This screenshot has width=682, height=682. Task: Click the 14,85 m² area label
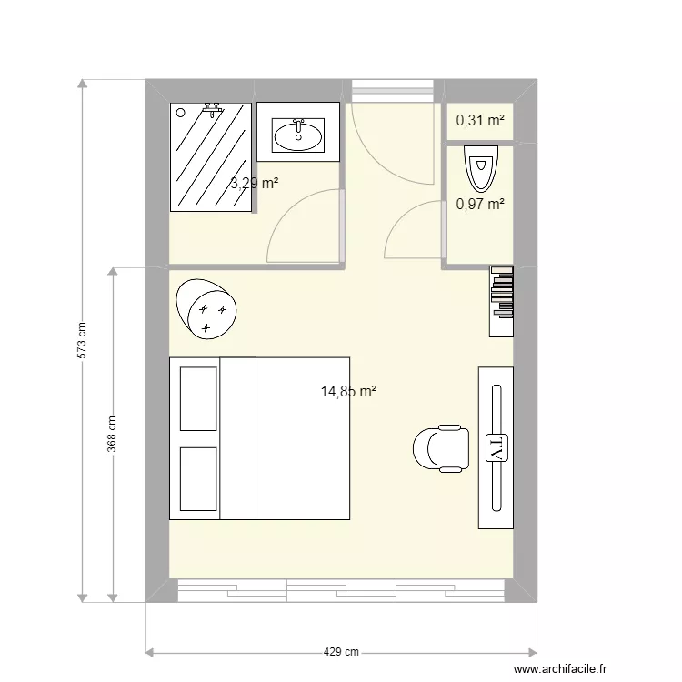tap(348, 392)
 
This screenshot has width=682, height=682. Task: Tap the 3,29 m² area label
tap(254, 183)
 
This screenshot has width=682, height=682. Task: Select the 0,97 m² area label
tap(480, 205)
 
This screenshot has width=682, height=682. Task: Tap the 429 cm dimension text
tap(342, 652)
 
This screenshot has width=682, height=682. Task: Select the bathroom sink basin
tap(298, 136)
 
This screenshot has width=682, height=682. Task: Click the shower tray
tap(211, 157)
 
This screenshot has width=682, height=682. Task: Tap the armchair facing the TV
tap(442, 448)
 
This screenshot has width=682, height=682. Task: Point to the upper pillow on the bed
tap(198, 398)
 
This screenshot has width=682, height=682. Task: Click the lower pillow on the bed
tap(198, 478)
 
